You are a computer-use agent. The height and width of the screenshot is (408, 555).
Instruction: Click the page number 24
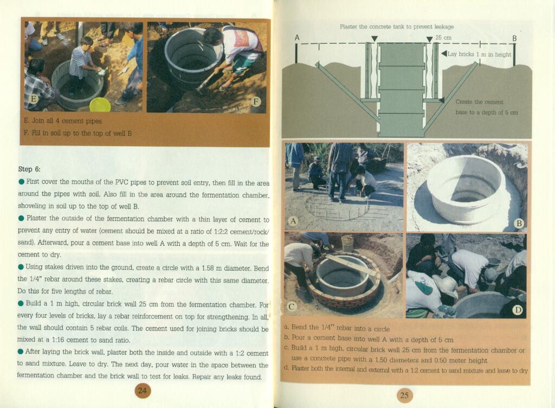click(x=143, y=391)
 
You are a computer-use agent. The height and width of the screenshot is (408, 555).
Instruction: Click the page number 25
click(x=404, y=395)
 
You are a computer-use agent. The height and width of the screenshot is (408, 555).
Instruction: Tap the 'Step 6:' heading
click(x=29, y=169)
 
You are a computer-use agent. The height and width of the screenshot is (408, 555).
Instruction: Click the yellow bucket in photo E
click(x=100, y=105)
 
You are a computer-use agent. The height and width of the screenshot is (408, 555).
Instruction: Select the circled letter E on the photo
click(x=34, y=99)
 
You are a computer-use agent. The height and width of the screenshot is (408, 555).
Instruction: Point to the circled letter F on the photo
click(x=256, y=103)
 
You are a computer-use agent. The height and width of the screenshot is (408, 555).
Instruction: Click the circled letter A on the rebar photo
click(x=293, y=221)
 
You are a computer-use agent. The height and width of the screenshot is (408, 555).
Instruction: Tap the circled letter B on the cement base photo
click(x=519, y=224)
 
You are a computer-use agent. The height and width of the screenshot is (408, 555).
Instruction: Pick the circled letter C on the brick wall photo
click(x=292, y=307)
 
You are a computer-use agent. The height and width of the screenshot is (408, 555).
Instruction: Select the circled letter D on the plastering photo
click(x=518, y=310)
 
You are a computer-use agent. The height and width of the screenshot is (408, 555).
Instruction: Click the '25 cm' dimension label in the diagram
click(x=443, y=37)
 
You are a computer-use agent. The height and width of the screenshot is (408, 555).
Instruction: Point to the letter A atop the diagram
click(x=297, y=37)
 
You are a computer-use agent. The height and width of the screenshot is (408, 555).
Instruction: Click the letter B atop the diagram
click(x=514, y=38)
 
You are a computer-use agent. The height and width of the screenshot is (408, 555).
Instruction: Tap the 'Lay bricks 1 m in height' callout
click(x=479, y=54)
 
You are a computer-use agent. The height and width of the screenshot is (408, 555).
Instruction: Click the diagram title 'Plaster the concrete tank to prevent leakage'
click(x=396, y=27)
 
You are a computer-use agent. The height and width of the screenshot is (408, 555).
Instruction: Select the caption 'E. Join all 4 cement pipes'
click(x=63, y=121)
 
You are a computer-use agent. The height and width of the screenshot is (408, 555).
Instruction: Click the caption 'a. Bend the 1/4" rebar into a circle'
click(x=337, y=328)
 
